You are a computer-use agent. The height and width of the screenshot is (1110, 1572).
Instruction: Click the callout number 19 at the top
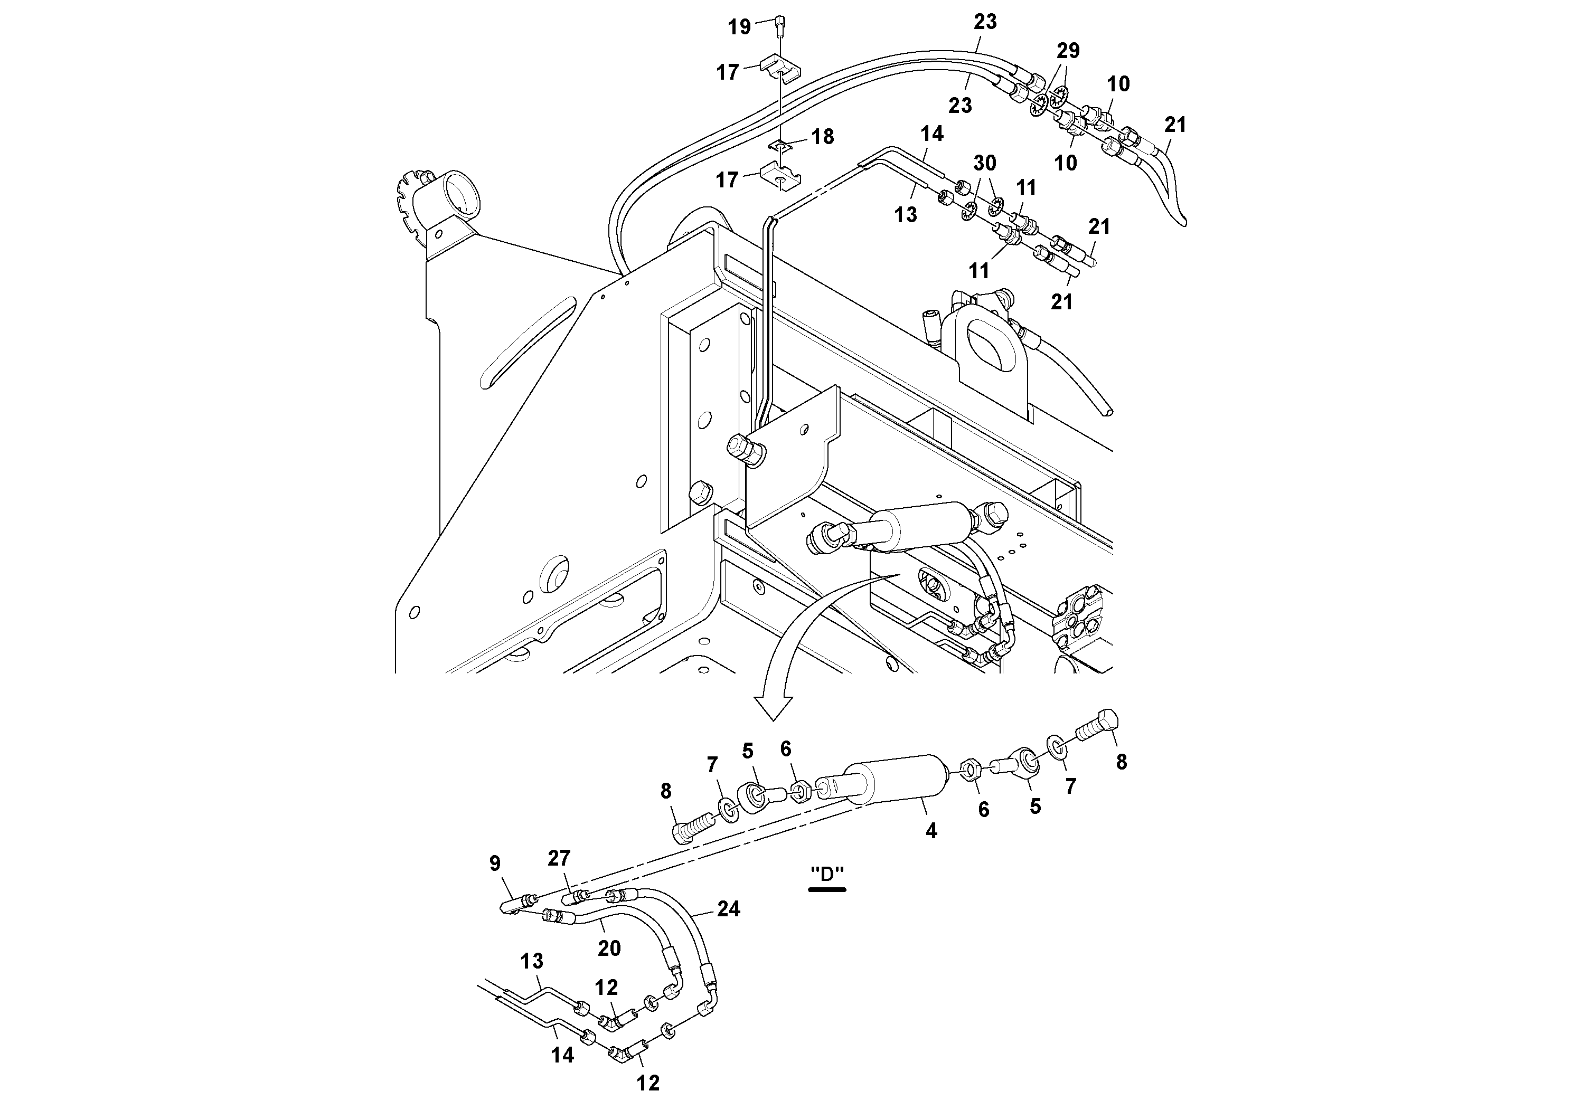(739, 27)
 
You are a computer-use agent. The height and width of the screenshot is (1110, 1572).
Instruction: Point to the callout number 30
(985, 163)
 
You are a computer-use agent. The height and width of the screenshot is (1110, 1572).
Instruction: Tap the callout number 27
(559, 858)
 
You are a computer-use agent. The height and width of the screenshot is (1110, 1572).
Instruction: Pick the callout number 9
(495, 864)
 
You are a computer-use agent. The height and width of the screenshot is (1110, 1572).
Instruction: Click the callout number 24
(729, 909)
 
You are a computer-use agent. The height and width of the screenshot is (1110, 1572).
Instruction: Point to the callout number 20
(609, 948)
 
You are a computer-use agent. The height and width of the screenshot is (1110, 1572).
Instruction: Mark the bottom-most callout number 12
(648, 1083)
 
